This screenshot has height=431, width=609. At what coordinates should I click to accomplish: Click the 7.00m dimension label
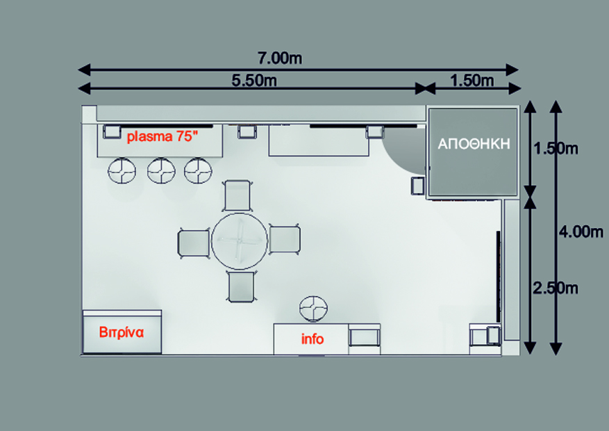coord(280,58)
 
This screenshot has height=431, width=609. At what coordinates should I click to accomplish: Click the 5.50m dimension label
coord(254,81)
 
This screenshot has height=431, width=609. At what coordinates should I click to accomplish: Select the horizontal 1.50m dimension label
coord(472,81)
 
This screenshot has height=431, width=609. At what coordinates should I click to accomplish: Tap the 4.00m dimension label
coord(581,232)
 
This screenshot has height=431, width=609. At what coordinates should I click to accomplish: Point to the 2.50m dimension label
coord(556,288)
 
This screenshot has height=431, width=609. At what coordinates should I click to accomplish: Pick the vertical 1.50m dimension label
coord(556,149)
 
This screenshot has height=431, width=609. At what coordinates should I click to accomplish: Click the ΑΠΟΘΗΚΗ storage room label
coord(474,144)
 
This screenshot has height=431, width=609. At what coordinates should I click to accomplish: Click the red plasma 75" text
coord(162,136)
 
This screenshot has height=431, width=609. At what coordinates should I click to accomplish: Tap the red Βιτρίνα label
coord(122,332)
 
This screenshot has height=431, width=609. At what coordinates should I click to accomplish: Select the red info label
coord(312,339)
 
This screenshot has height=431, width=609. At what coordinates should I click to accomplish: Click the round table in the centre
coord(240,241)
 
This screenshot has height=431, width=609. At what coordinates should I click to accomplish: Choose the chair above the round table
coord(237,195)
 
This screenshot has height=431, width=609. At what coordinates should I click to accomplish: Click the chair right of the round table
coord(285,240)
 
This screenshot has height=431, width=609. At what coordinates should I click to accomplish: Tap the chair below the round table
coord(242,287)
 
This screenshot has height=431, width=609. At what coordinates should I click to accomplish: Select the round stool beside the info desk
coord(313,309)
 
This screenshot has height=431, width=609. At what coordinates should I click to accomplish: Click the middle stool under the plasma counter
coord(161,170)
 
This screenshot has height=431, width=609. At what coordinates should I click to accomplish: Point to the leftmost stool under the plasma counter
coord(122,170)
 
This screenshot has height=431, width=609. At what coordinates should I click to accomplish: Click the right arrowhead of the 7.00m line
coord(512,70)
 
